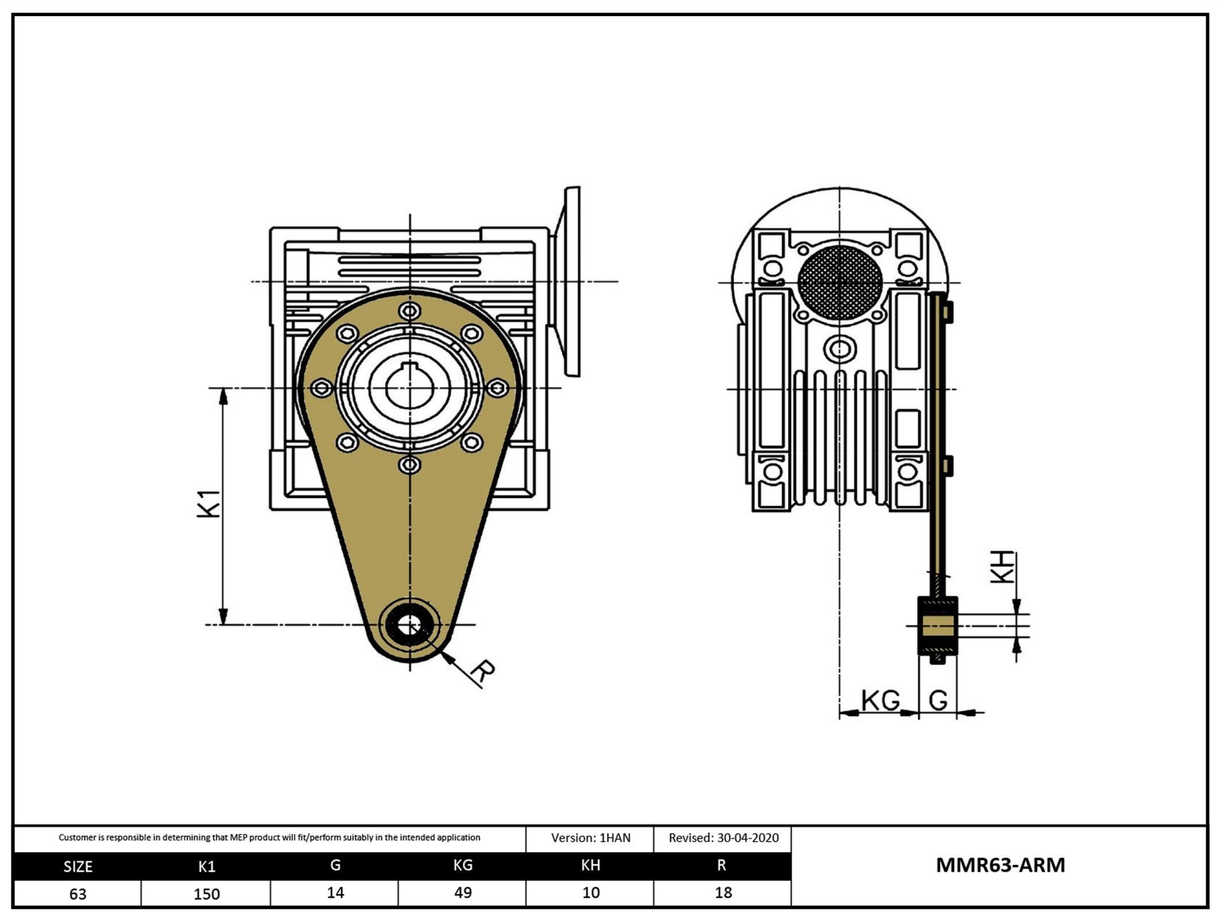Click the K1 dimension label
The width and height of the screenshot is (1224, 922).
209,504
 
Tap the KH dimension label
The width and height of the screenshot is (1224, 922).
1004,567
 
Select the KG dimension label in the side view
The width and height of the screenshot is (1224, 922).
881,700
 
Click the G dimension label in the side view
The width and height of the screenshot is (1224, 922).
938,700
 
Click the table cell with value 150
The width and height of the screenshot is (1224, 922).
206,894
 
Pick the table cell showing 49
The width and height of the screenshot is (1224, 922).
463,893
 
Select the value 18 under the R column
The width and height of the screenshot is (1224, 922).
723,893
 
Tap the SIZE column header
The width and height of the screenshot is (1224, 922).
78,867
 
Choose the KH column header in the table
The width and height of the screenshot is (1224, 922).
591,866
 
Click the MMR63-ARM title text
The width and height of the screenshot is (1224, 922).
1000,865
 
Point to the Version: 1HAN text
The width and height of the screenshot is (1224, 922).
591,838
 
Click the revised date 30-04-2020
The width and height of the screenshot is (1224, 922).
747,838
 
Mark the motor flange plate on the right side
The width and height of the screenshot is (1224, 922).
572,281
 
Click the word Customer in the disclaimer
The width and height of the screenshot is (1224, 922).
78,838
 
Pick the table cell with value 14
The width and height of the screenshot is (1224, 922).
335,893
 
